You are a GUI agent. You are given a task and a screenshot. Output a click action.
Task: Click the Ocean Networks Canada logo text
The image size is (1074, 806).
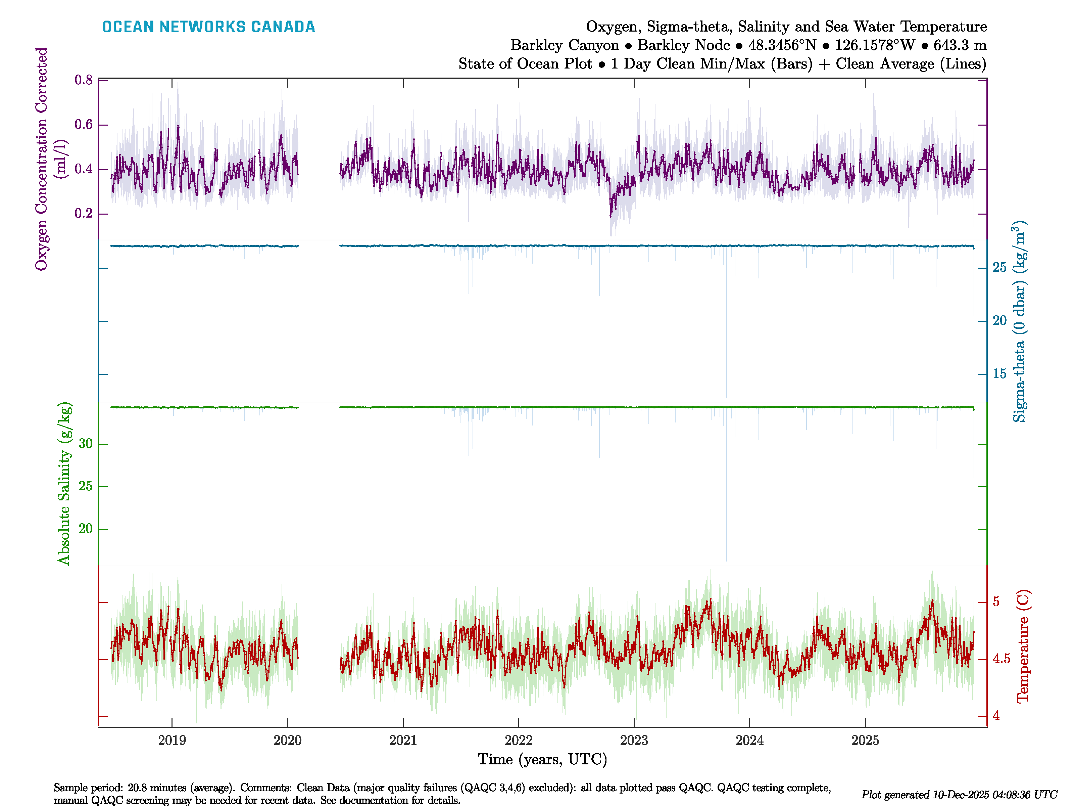(x=208, y=27)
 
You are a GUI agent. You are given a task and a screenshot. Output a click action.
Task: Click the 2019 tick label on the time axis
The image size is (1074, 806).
(x=172, y=741)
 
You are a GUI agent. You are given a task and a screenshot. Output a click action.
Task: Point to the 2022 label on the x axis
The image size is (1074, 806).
(x=519, y=741)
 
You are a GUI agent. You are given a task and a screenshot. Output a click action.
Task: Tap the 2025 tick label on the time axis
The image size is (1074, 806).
(x=865, y=741)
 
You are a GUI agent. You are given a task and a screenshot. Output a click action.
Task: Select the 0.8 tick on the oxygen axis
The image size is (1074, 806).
(x=84, y=80)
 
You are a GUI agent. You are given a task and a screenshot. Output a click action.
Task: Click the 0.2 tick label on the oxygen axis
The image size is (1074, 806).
(x=84, y=214)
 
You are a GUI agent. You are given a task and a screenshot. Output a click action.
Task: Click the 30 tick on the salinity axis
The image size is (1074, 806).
(x=86, y=444)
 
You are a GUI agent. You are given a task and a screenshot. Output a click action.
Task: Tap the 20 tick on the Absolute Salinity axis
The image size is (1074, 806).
(x=86, y=529)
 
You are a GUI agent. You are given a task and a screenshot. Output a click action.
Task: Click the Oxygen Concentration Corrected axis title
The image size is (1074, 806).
(x=42, y=159)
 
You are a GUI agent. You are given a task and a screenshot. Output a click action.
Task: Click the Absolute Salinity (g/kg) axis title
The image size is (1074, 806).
(x=64, y=483)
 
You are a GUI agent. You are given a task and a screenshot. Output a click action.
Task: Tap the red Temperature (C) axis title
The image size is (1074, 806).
(x=1023, y=646)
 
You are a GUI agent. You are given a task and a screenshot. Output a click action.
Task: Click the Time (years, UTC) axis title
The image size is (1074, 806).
(x=542, y=759)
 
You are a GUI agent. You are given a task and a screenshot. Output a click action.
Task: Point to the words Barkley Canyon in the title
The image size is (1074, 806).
(x=564, y=45)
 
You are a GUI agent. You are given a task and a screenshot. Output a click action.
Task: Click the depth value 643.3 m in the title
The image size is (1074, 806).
(x=960, y=45)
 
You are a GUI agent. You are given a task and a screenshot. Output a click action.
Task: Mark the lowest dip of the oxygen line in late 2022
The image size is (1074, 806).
(x=611, y=216)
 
